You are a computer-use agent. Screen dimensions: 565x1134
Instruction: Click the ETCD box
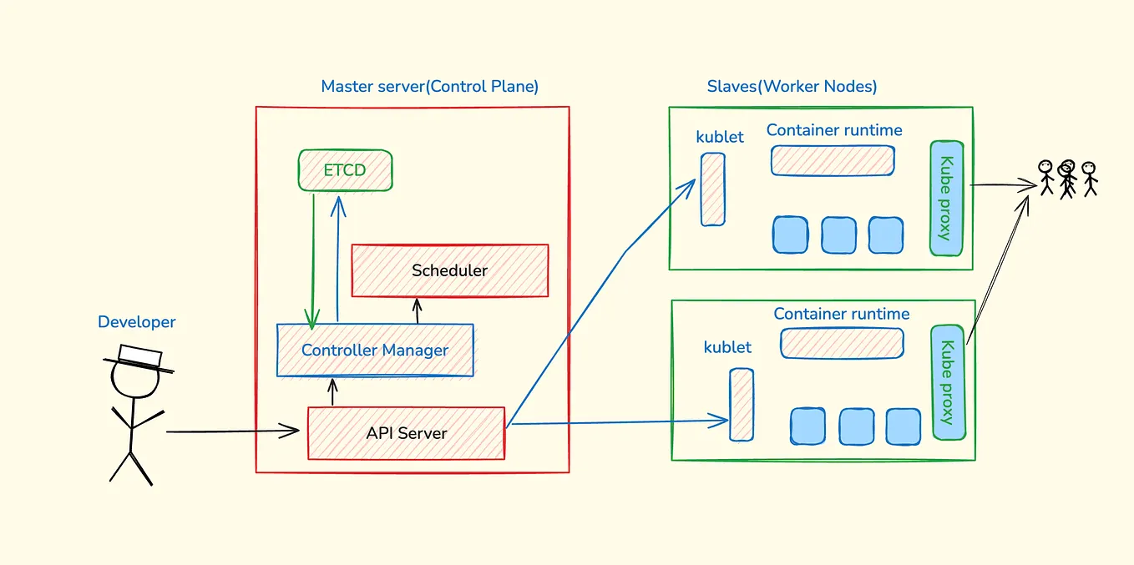tap(345, 170)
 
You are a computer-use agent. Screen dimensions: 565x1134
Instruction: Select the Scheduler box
tap(449, 270)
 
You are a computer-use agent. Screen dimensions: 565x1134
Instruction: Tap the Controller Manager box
tap(375, 351)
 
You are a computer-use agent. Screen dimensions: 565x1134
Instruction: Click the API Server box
tap(406, 433)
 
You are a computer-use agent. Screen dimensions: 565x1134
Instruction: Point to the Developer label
tap(137, 322)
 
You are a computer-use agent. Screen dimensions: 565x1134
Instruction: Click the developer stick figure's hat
tap(139, 357)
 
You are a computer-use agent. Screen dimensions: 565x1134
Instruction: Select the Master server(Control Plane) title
tap(429, 87)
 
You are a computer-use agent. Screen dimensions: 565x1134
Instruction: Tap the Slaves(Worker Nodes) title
tap(792, 87)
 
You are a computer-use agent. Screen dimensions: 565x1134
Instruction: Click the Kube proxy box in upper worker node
tap(946, 198)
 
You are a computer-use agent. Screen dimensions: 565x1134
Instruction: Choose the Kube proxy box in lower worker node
tap(948, 382)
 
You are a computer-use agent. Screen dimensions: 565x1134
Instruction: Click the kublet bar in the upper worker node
tap(712, 189)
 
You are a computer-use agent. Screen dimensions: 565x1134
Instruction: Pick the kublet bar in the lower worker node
tap(742, 405)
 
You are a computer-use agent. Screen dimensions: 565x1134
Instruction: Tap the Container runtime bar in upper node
tap(833, 160)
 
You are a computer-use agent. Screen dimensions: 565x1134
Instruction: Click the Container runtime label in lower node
tap(841, 314)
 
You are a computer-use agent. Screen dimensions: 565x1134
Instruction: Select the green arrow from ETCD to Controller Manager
tap(313, 259)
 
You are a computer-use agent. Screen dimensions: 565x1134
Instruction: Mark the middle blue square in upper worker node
tap(838, 235)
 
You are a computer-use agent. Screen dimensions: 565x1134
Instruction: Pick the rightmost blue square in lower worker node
tap(903, 426)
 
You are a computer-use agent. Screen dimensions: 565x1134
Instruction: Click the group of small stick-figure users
tap(1066, 178)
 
